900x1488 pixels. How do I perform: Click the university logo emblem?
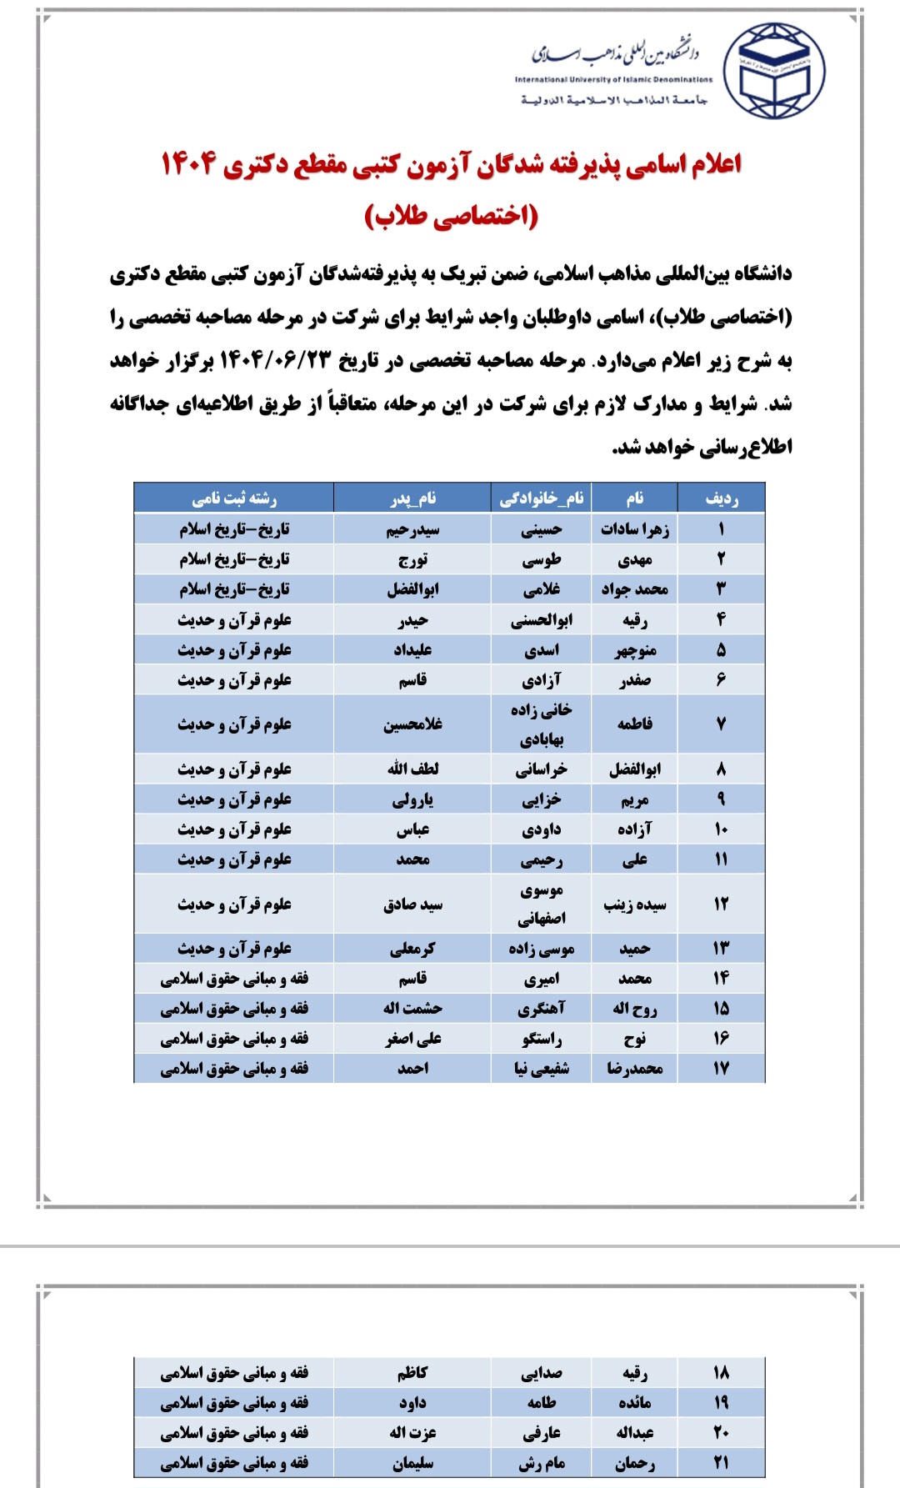pos(773,69)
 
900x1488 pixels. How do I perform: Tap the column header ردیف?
pos(721,499)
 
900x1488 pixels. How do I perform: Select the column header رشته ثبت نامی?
pos(234,499)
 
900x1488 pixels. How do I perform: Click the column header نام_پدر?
pos(412,499)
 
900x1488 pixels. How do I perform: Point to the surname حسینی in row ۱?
pos(542,529)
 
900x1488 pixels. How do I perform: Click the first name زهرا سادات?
pos(635,529)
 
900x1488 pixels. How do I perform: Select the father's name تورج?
pos(412,559)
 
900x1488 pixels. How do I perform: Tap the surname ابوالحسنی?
pos(542,620)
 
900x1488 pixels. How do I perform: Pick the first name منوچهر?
pos(635,650)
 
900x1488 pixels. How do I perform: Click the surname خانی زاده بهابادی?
pos(542,724)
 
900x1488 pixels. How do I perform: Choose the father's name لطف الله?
pos(412,769)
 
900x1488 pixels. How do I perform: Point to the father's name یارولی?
pos(412,799)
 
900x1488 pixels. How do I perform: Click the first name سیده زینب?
pos(635,904)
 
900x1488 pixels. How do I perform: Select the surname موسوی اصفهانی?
pos(542,904)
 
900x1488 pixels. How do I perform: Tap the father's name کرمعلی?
pos(412,949)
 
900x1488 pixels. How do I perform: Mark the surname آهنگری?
pos(542,1009)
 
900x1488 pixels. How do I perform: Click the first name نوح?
pos(635,1039)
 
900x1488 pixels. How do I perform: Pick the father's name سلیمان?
pos(412,1463)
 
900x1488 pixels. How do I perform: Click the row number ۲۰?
pos(721,1433)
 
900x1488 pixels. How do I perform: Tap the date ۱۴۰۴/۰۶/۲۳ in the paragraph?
pos(275,361)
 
